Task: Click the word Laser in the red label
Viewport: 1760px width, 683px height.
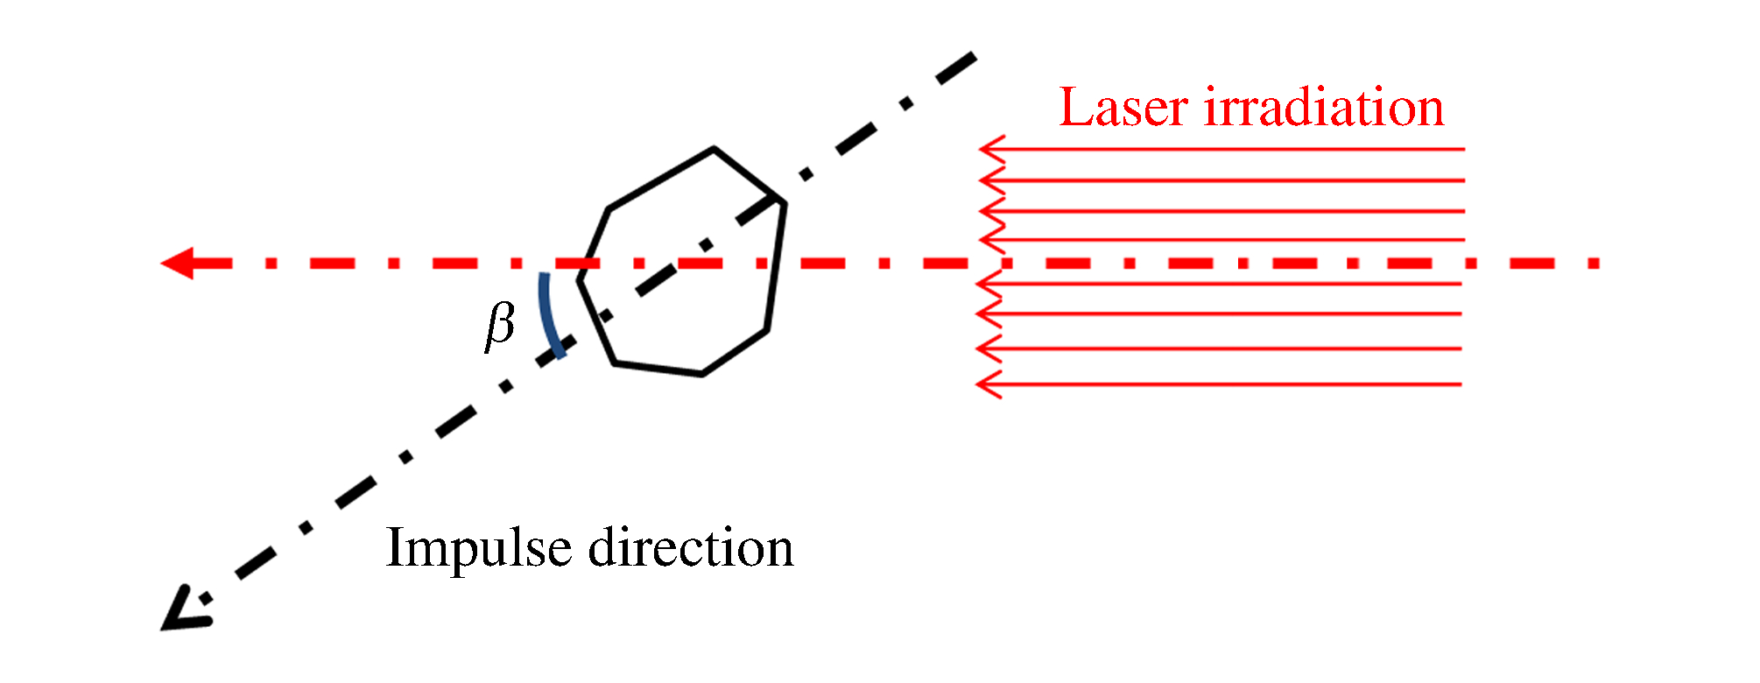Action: [x=1124, y=109]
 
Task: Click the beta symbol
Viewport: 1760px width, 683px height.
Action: [x=500, y=326]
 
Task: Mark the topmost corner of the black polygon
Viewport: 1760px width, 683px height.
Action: [x=715, y=150]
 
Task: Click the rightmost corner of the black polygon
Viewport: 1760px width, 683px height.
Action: [x=784, y=203]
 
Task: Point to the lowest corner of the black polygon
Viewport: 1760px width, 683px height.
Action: [x=701, y=375]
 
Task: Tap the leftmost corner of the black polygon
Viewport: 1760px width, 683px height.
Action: [x=579, y=280]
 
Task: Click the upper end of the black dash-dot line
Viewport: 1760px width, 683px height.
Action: [x=973, y=56]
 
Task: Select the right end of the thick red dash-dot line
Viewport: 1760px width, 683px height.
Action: [x=1598, y=263]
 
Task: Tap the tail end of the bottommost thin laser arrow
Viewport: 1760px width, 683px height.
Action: [x=1461, y=384]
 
